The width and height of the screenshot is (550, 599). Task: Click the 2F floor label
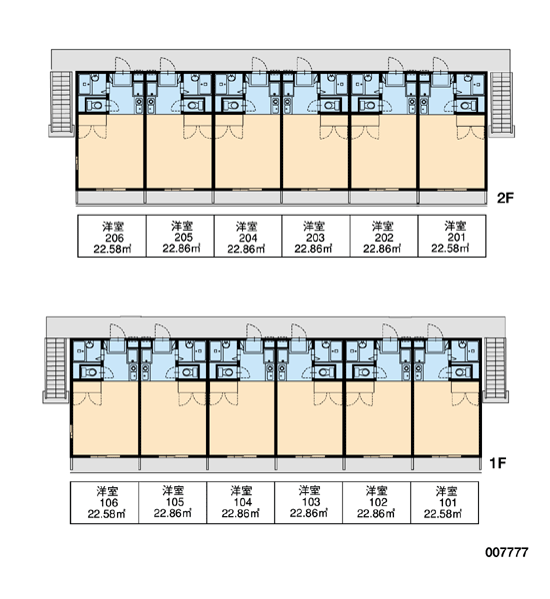click(x=505, y=198)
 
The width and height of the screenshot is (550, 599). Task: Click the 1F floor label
click(x=498, y=463)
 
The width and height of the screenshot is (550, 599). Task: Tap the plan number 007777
click(x=507, y=552)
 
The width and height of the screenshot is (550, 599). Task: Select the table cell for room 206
click(x=112, y=236)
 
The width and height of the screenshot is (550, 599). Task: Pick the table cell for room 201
click(x=452, y=236)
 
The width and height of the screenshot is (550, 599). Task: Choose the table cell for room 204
click(x=248, y=236)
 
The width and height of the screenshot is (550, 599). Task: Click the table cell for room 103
click(x=308, y=502)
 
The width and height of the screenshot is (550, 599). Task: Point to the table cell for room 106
click(x=104, y=502)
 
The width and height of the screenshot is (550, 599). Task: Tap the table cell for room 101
click(x=444, y=502)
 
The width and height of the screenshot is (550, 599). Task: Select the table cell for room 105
click(x=173, y=502)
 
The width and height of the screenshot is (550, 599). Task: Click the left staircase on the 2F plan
click(x=61, y=102)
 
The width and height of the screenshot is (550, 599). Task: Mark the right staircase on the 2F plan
click(x=502, y=102)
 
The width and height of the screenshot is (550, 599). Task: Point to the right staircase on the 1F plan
click(x=495, y=368)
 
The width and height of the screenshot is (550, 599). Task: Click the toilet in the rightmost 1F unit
click(x=460, y=371)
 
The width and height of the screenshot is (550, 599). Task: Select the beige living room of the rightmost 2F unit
click(x=452, y=153)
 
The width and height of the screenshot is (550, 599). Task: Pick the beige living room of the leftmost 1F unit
click(x=104, y=418)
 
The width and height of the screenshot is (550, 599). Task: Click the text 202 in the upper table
click(x=384, y=238)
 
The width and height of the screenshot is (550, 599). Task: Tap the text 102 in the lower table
click(x=377, y=502)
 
